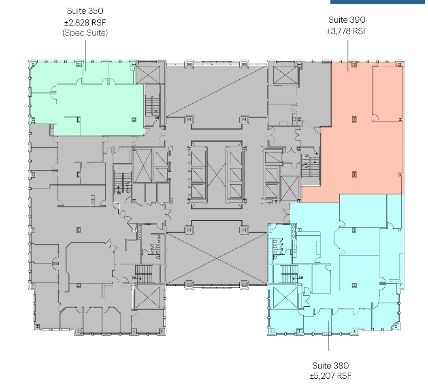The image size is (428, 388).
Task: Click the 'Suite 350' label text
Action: point(85,11)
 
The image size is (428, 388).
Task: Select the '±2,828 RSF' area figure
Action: point(85,22)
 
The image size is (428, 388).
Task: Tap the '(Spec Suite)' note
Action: point(85,33)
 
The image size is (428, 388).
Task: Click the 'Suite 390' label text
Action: point(347,20)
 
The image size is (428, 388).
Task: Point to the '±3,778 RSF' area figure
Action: point(347,31)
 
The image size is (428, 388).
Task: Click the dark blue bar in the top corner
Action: point(379,2)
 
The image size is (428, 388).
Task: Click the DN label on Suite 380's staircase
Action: point(301,278)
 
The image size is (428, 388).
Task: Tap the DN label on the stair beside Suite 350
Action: point(157,117)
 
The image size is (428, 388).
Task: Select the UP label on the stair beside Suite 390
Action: point(307,156)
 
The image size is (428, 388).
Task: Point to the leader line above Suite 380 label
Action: point(328,336)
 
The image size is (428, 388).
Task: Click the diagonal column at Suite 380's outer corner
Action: point(396,326)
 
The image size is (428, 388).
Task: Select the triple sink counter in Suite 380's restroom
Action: point(293,232)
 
